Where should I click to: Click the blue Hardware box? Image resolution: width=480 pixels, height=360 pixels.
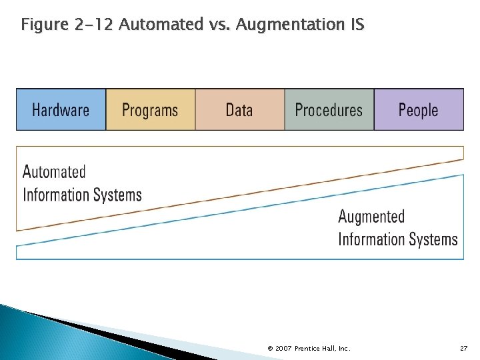point(61,109)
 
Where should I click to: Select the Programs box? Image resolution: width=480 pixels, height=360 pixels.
point(151,109)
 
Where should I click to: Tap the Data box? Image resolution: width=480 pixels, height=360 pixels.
point(239,109)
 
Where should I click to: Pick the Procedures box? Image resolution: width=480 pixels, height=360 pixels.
point(329,109)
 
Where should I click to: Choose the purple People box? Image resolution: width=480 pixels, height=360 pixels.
point(419,109)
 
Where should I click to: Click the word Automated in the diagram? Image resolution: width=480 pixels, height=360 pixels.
point(54,172)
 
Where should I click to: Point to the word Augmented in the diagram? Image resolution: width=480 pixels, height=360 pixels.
point(371,217)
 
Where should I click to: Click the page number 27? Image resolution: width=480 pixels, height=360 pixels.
point(464,349)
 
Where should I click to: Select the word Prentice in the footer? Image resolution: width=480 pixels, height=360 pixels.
point(309,349)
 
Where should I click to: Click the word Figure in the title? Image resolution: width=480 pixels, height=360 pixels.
point(44,25)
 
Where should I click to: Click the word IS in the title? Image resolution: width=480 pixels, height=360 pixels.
point(356,25)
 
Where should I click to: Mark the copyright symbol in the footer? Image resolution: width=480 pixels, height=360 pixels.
point(269,349)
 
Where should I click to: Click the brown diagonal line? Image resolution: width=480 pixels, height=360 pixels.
point(240,195)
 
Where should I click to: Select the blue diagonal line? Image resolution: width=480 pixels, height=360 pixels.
point(240,211)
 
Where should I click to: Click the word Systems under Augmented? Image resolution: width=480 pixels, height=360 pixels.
point(434,239)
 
